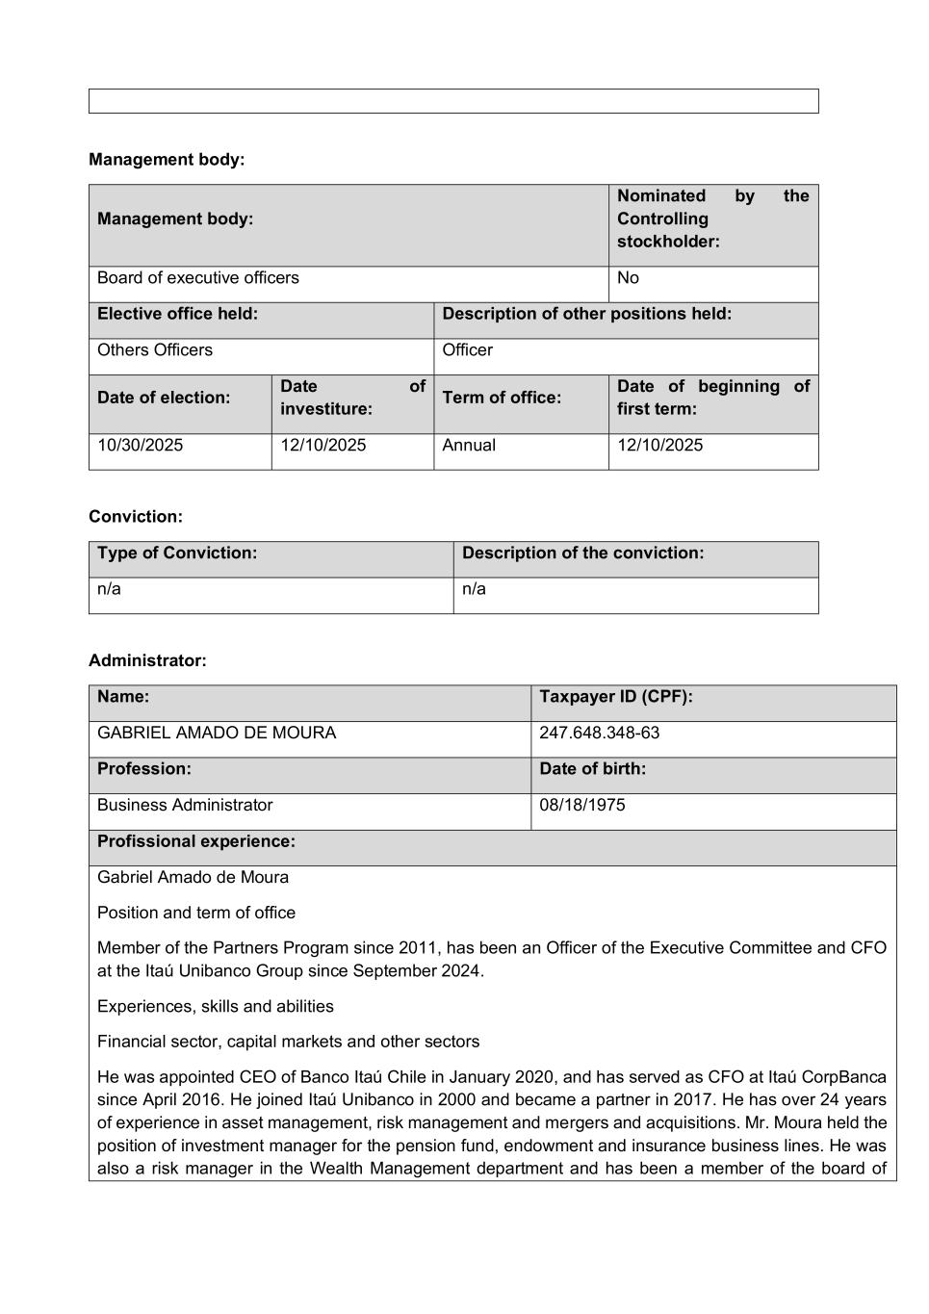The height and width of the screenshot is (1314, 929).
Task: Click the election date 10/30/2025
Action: [x=141, y=446]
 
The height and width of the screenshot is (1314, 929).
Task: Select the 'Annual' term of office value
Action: [x=469, y=446]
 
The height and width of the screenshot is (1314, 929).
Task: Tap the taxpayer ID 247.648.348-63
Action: [x=599, y=734]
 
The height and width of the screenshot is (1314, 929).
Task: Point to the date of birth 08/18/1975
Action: [x=581, y=806]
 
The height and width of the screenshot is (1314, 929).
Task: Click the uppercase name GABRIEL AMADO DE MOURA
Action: [x=217, y=734]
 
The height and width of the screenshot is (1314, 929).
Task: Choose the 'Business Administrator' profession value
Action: [x=185, y=806]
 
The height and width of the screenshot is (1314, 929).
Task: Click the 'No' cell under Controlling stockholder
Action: [x=628, y=278]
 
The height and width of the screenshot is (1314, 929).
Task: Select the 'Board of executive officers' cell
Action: [x=198, y=278]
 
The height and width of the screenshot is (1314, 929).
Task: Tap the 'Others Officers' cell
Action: [x=155, y=350]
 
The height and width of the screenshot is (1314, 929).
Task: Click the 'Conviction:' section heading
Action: [x=136, y=517]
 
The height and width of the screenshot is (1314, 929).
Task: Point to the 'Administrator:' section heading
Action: [x=147, y=661]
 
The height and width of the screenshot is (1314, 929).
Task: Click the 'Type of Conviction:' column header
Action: [x=177, y=554]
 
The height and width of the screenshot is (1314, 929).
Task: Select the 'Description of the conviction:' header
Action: [x=582, y=554]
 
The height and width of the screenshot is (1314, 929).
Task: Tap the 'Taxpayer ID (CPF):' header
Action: [x=615, y=697]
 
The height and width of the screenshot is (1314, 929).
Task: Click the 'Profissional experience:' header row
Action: [x=196, y=841]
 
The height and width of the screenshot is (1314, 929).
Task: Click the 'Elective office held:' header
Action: [x=177, y=314]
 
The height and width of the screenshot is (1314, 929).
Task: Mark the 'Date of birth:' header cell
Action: [x=592, y=769]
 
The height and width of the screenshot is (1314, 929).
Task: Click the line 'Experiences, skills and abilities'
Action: [x=216, y=1007]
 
